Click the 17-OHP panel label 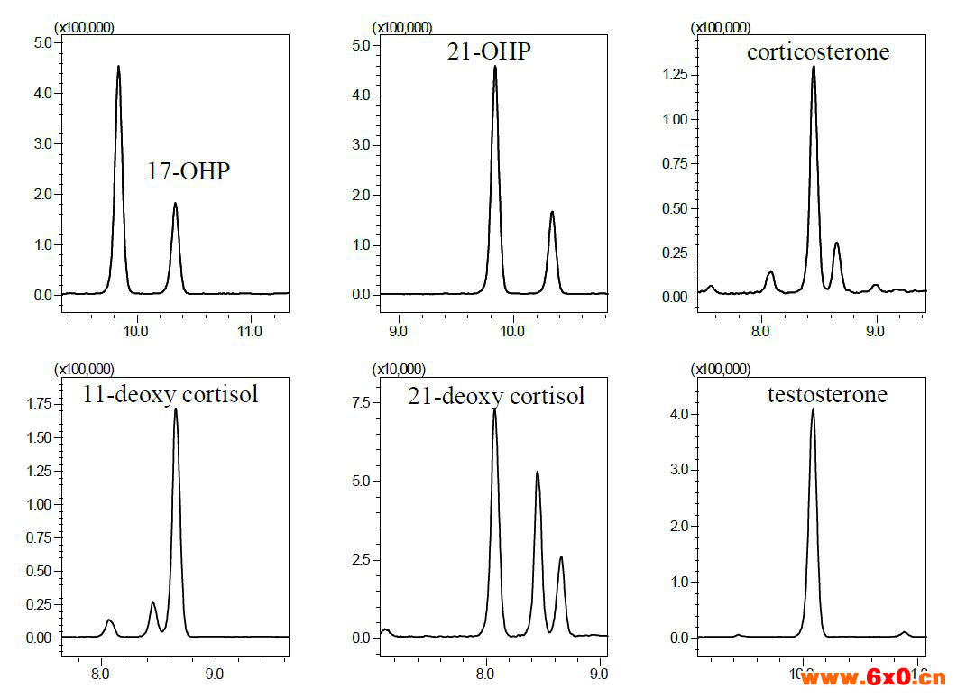pos(189,171)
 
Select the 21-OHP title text pos(489,51)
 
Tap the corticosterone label pos(818,51)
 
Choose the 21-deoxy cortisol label pos(496,395)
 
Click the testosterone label pos(827,394)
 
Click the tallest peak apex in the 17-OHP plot pos(118,66)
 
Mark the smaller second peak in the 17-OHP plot pos(175,203)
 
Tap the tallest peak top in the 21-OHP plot pos(494,66)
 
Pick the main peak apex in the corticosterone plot pos(814,66)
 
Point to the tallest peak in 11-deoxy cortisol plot pos(175,409)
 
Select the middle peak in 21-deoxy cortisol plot pos(538,472)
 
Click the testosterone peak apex pos(813,409)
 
